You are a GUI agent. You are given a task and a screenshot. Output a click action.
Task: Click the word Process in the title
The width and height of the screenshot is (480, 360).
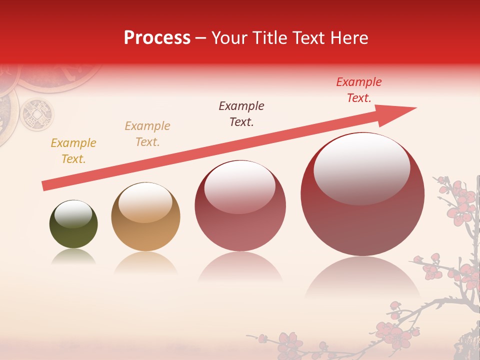(157, 38)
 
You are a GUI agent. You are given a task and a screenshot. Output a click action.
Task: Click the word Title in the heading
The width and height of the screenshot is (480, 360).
(269, 38)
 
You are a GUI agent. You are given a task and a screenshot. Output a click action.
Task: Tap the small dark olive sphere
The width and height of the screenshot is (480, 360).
(73, 224)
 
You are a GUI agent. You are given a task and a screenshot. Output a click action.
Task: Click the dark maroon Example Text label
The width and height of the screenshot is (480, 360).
(241, 113)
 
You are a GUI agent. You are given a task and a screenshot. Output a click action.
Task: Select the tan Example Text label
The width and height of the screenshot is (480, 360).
(147, 133)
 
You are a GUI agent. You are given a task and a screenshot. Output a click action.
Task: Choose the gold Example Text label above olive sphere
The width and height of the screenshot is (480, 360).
(73, 150)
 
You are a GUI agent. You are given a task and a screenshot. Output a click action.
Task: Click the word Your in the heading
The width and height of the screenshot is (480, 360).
(229, 38)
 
